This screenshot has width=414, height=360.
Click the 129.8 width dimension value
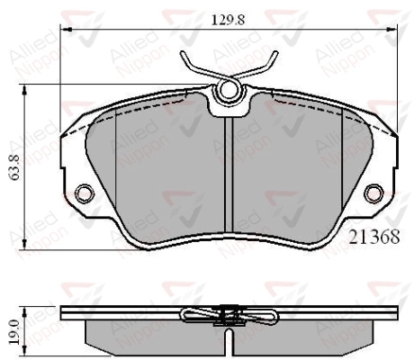(x=229, y=20)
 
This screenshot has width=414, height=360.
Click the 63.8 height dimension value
(x=14, y=167)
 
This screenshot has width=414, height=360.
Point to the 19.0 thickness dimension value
(x=16, y=331)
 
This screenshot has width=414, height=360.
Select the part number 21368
(x=374, y=237)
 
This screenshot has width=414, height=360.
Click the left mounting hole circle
(x=85, y=193)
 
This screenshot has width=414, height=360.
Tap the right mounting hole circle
(x=373, y=193)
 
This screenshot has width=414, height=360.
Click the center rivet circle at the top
(x=229, y=89)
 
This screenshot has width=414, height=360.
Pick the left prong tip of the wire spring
(x=182, y=53)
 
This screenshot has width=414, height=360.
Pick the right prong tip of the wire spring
(x=275, y=53)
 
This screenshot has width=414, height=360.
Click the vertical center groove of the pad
(x=229, y=175)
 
